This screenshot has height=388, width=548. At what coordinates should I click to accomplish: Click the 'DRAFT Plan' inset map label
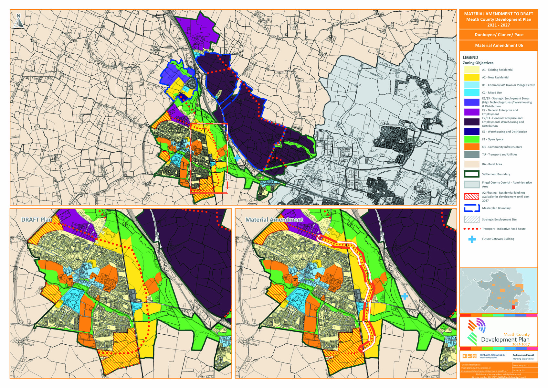point(37,220)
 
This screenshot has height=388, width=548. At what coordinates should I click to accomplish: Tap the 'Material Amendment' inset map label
point(274,220)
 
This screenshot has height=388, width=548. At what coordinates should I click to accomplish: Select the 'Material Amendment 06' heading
point(499,46)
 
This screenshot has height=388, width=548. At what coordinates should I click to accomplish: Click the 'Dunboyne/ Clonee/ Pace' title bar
point(499,35)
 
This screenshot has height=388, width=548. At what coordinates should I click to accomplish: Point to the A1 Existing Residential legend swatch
point(471,70)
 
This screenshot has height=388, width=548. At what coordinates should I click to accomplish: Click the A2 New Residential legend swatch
point(471,77)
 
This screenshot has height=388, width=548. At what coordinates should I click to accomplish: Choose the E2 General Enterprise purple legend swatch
point(471,112)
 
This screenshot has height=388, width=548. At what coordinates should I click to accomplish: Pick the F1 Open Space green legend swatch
point(471,139)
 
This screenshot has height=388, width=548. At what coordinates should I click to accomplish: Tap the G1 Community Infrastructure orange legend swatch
point(471,147)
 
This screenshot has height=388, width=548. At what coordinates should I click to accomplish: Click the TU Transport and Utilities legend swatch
point(471,155)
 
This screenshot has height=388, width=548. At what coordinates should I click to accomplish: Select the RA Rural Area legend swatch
point(471,164)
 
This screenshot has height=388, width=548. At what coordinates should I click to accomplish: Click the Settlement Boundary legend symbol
point(471,174)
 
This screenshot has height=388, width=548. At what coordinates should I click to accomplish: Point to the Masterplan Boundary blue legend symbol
point(471,208)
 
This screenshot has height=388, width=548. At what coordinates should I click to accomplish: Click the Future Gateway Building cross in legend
point(472,239)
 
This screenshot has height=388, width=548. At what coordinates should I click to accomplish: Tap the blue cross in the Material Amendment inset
point(405,296)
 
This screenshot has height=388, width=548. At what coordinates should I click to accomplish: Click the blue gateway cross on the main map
point(237,158)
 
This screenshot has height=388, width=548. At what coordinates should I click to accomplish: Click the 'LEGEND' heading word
point(470,57)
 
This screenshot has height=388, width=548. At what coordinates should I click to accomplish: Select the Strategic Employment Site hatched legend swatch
point(471,219)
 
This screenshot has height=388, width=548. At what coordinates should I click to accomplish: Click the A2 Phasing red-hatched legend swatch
point(471,196)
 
